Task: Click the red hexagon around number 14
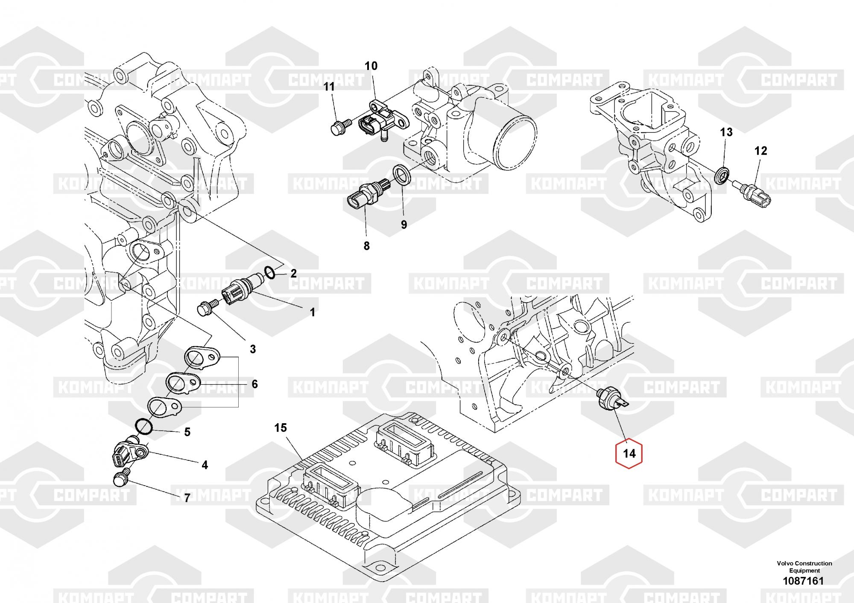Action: pyautogui.click(x=629, y=454)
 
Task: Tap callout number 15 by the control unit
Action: pyautogui.click(x=281, y=428)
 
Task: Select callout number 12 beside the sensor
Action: pyautogui.click(x=760, y=151)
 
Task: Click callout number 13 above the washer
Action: pyautogui.click(x=726, y=132)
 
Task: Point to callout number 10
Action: pyautogui.click(x=371, y=66)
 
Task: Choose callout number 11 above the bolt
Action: pyautogui.click(x=329, y=87)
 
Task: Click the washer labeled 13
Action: pyautogui.click(x=722, y=175)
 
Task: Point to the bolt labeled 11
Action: pyautogui.click(x=339, y=127)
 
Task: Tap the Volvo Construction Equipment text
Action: pyautogui.click(x=804, y=567)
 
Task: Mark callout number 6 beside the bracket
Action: pyautogui.click(x=254, y=384)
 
